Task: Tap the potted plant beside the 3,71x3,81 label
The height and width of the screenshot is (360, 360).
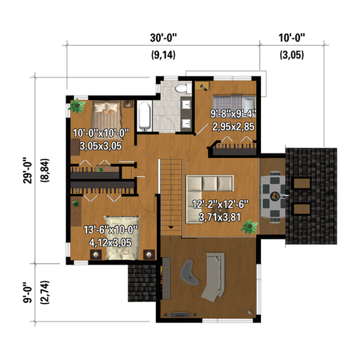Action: [250, 226]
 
